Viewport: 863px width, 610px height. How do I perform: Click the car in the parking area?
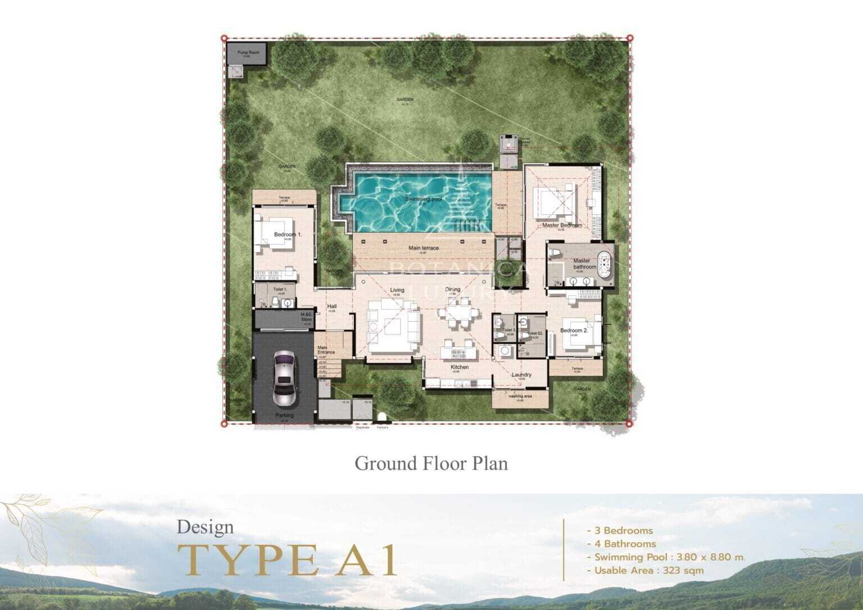pos(284,378)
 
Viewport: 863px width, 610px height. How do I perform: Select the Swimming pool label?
pos(425,199)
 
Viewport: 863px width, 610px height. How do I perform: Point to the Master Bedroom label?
pos(562,225)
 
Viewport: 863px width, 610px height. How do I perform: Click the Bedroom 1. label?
pos(288,234)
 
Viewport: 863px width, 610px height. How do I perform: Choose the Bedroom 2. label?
pos(574,330)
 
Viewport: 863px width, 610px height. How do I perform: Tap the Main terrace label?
pos(423,248)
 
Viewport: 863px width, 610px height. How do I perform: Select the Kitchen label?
pos(460,367)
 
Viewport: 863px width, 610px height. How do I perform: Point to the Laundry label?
pos(521,375)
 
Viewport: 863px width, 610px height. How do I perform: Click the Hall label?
pos(331,306)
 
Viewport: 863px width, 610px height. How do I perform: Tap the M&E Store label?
pos(306,317)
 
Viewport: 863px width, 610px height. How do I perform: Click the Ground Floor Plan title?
pos(431,463)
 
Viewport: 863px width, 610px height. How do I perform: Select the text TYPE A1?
pos(287,559)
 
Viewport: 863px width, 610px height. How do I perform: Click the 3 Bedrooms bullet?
pos(619,530)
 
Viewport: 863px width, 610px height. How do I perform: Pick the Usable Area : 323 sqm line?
pos(644,571)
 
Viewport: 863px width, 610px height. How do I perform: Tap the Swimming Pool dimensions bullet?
pos(665,557)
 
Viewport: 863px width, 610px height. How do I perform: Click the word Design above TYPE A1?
pos(205,527)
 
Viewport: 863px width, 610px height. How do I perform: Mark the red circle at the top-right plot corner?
pos(630,38)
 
